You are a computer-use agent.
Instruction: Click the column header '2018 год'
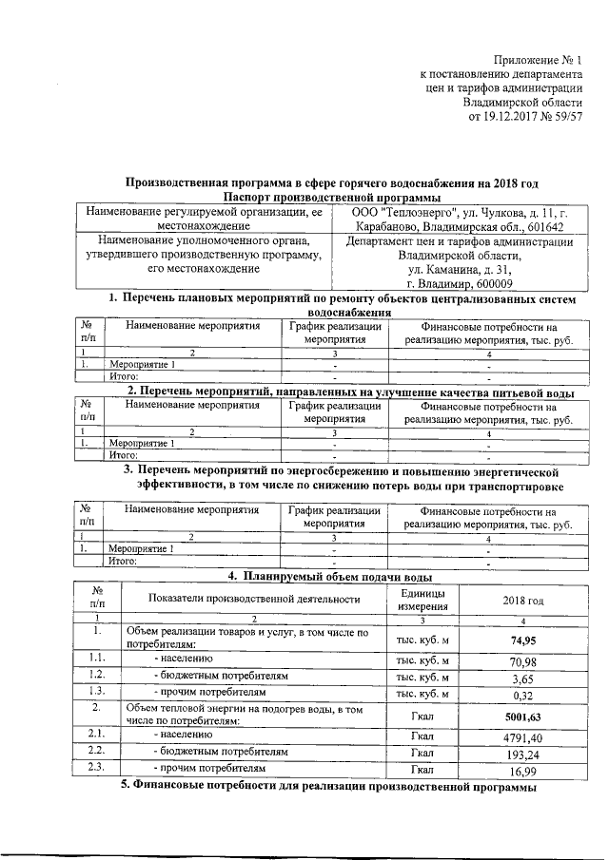point(522,600)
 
